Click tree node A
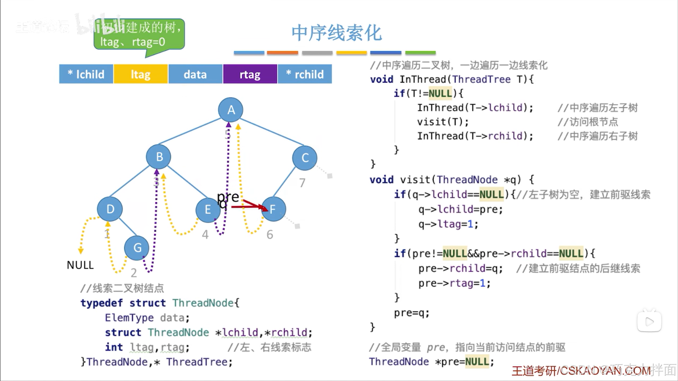point(231,110)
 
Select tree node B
point(159,156)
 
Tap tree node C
point(305,157)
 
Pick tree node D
point(110,209)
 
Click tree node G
point(137,248)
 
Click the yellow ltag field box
point(141,74)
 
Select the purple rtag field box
point(250,74)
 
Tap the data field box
point(195,74)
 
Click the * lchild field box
point(86,74)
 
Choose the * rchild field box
point(305,74)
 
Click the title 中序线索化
point(336,33)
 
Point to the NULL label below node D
point(80,265)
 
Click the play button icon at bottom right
point(649,321)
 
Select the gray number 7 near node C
point(302,183)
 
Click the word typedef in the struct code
point(101,303)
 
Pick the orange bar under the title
point(282,53)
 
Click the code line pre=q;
point(412,313)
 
